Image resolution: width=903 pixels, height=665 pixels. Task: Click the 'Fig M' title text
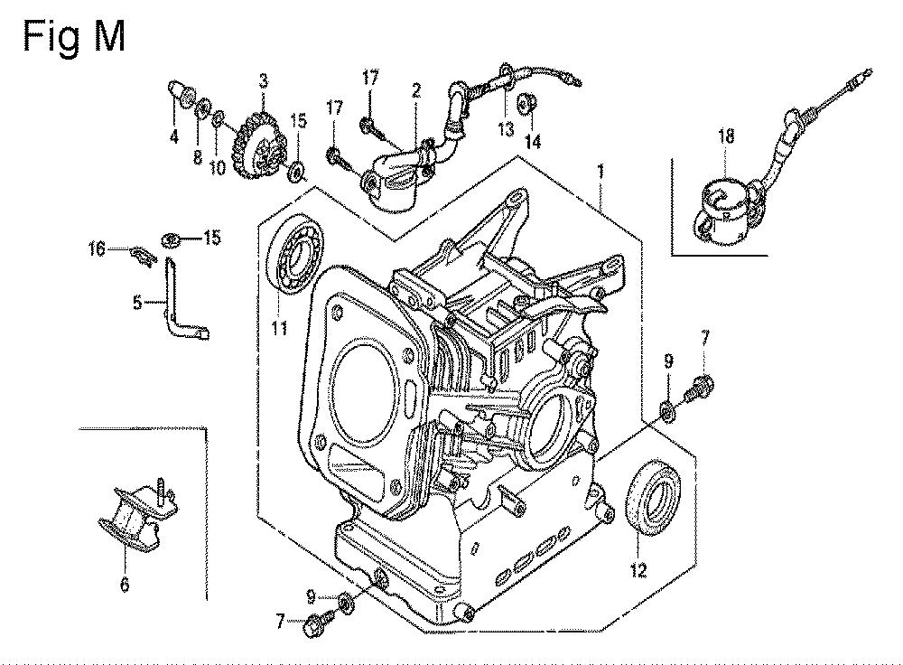(x=74, y=37)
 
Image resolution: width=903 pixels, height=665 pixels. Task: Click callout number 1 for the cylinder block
(x=601, y=169)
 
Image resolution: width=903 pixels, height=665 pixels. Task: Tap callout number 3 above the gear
(x=263, y=81)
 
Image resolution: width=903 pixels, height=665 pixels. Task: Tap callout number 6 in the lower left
(x=124, y=585)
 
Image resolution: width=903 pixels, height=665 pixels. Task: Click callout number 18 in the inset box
(x=726, y=137)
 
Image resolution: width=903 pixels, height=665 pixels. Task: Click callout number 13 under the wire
(x=506, y=129)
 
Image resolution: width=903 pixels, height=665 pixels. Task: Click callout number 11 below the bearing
(x=280, y=329)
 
